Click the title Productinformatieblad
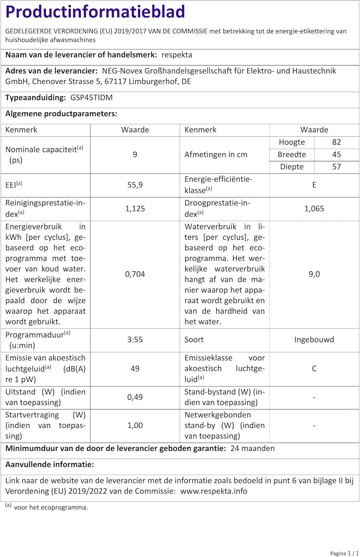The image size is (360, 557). point(95,12)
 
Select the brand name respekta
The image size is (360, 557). point(177,55)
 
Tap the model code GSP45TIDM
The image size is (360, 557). point(91,98)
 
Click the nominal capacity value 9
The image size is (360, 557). point(135,154)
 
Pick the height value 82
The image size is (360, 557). point(336,142)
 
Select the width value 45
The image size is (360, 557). point(336,154)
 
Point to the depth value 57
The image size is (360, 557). point(336,167)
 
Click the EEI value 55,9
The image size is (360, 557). point(135,185)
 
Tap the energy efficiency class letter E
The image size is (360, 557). point(314,185)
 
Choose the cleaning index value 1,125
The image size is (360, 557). point(135,209)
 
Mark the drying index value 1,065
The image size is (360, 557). point(314,209)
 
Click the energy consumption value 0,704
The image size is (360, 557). point(135,274)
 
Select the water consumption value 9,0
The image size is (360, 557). point(314,274)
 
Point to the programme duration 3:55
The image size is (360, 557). point(135,339)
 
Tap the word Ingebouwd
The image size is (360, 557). point(314,339)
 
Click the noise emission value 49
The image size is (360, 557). point(135,368)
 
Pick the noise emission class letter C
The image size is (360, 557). point(314,368)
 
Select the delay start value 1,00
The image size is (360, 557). point(135,425)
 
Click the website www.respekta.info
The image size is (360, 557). point(214,491)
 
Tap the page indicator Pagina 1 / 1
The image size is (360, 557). point(344,553)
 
